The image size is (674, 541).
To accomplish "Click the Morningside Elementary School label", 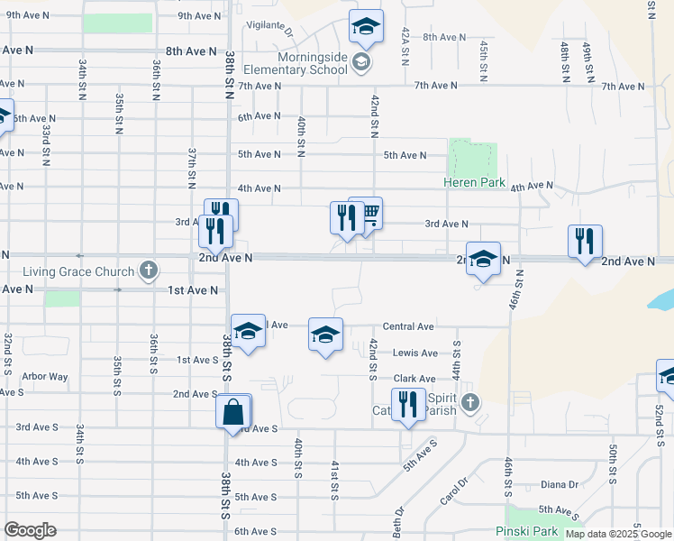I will pos(300,62).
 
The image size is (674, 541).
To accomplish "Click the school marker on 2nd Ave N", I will pos(483,259).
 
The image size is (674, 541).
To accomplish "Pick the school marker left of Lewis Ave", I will pos(325,335).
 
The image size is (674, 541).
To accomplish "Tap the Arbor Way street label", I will pos(45,377).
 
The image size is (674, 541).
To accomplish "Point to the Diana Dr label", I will pos(560,484).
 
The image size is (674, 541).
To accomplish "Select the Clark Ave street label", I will pos(414,379).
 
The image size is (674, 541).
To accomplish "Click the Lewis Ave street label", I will pos(414,353).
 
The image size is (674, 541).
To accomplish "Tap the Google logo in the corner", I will pos(30,530).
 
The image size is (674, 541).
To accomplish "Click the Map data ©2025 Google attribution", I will pos(618,534).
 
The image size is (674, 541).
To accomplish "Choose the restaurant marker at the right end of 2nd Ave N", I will pos(585,242).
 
